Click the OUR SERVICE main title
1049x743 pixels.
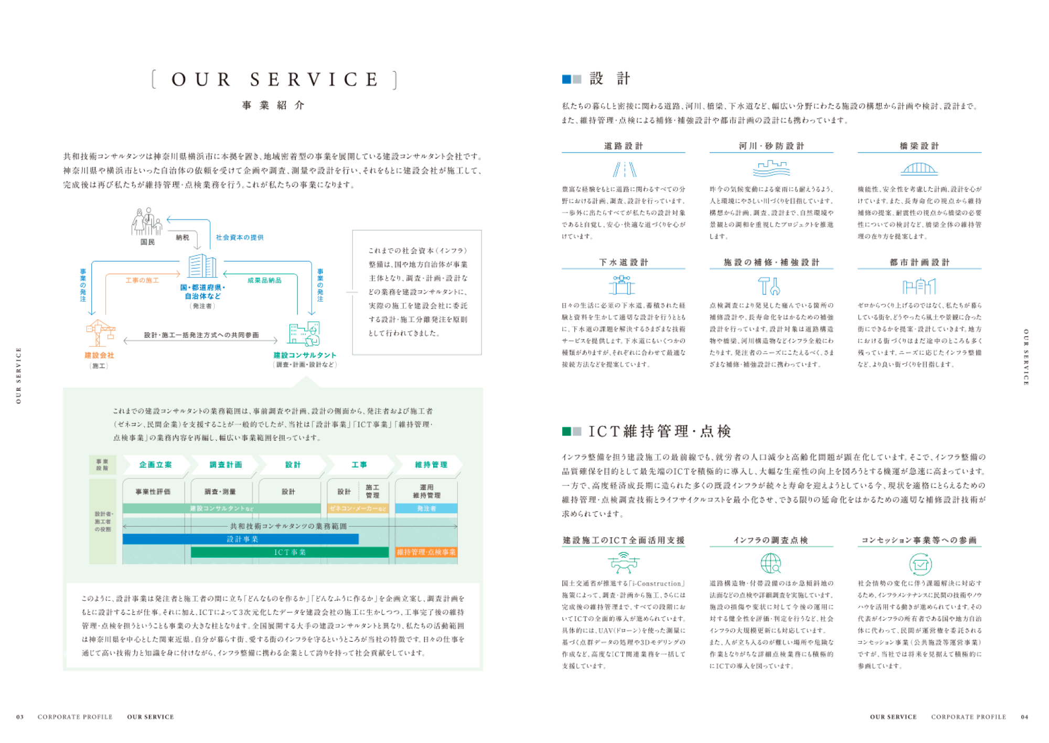pos(274,80)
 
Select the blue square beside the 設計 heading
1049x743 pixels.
pos(566,79)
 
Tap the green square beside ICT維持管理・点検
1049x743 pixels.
pos(566,431)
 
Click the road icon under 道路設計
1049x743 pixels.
pos(624,169)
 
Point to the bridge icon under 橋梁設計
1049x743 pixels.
pos(919,168)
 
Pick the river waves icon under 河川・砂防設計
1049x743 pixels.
pos(771,168)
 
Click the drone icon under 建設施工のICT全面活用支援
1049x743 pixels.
pos(623,563)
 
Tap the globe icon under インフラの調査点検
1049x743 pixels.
pos(770,564)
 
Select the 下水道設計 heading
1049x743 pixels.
pos(624,262)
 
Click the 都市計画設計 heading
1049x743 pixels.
pos(919,262)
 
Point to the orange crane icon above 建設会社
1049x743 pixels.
pos(100,333)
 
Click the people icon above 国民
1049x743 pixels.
pos(147,222)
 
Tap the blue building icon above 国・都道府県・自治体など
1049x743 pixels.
pos(202,266)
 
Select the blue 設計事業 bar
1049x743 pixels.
pos(241,539)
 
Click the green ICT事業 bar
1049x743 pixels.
pos(290,553)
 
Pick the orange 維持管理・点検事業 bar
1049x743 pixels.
pos(426,553)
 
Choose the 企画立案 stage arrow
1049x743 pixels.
pos(155,465)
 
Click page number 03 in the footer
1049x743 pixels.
pos(20,717)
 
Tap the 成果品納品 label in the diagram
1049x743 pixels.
pos(264,280)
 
